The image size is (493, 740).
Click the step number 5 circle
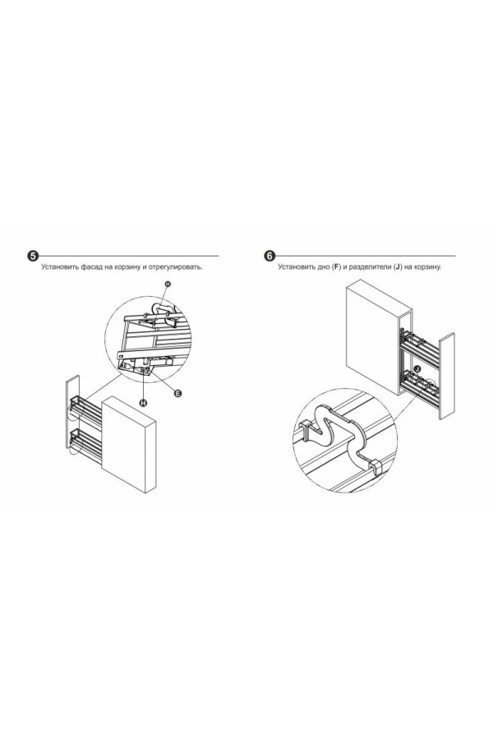(x=33, y=257)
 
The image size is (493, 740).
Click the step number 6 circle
(x=270, y=257)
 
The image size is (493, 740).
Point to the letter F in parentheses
(x=336, y=267)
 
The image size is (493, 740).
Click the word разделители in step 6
(x=371, y=267)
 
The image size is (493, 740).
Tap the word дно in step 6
(x=323, y=267)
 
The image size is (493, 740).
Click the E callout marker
(x=177, y=393)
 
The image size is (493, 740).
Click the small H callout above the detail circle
(x=168, y=284)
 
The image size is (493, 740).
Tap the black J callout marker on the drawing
(x=418, y=368)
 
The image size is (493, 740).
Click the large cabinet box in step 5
(x=129, y=445)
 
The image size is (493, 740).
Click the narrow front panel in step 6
(x=447, y=376)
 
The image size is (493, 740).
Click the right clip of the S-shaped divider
(x=376, y=466)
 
